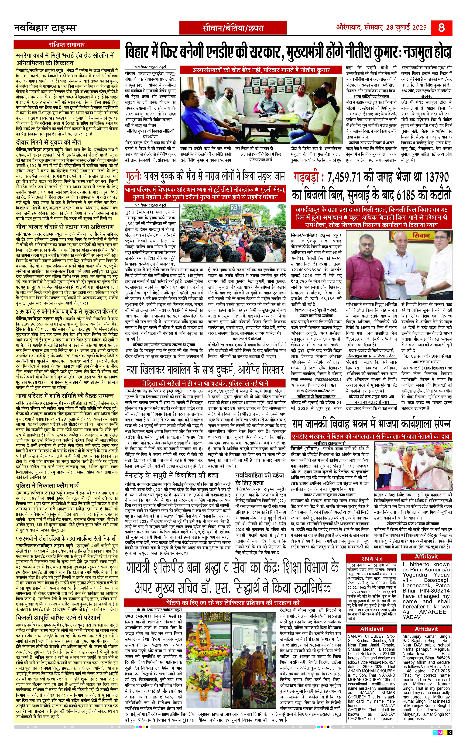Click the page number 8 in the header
441,28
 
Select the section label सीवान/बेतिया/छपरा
233,28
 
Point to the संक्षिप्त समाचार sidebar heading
67,45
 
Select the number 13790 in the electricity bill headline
435,178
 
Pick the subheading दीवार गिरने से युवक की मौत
48,142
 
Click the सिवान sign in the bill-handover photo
422,236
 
